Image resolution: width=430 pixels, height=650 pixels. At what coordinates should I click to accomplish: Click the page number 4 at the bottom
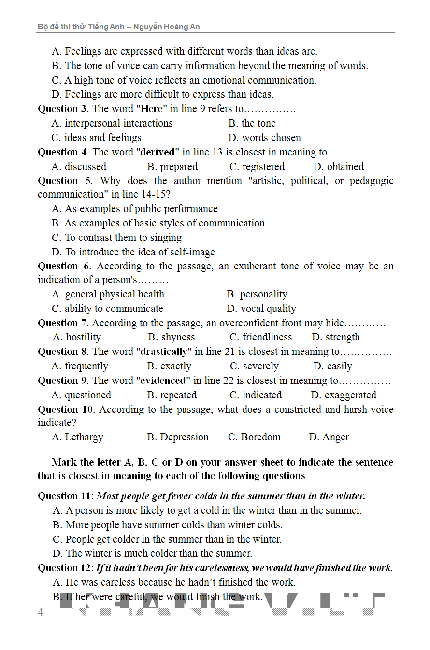click(41, 612)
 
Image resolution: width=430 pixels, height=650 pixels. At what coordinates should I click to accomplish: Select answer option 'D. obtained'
click(338, 167)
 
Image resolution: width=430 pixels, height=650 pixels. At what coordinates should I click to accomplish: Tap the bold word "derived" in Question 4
click(157, 152)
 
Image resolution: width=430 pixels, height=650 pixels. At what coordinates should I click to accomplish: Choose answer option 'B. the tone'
click(252, 123)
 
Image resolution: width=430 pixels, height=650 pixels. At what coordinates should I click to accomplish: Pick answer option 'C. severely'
click(254, 366)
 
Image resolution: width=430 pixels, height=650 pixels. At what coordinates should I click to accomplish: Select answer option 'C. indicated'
click(255, 395)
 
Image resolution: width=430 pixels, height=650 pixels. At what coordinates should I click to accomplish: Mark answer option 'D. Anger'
click(329, 437)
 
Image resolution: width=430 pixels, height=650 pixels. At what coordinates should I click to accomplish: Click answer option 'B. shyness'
click(172, 337)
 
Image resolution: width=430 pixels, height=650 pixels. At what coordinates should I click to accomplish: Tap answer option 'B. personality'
click(257, 294)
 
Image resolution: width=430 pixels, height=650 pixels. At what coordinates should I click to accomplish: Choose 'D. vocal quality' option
click(261, 309)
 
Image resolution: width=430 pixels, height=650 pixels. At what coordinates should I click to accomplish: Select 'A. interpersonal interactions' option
click(112, 123)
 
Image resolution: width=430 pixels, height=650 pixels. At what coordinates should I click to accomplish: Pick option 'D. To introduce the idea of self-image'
click(133, 252)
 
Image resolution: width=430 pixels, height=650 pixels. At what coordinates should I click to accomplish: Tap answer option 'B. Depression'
click(178, 437)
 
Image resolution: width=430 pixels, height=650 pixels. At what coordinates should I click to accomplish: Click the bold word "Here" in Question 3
click(150, 109)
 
